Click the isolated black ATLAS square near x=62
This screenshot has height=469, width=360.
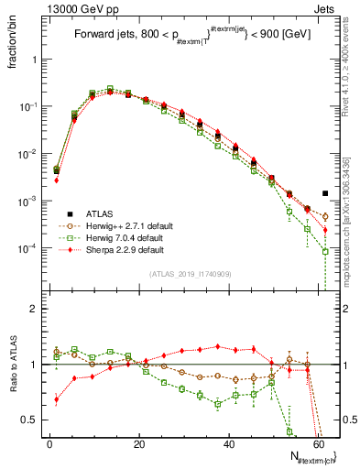(x=325, y=193)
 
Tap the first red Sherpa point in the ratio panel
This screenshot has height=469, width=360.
(x=57, y=398)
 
